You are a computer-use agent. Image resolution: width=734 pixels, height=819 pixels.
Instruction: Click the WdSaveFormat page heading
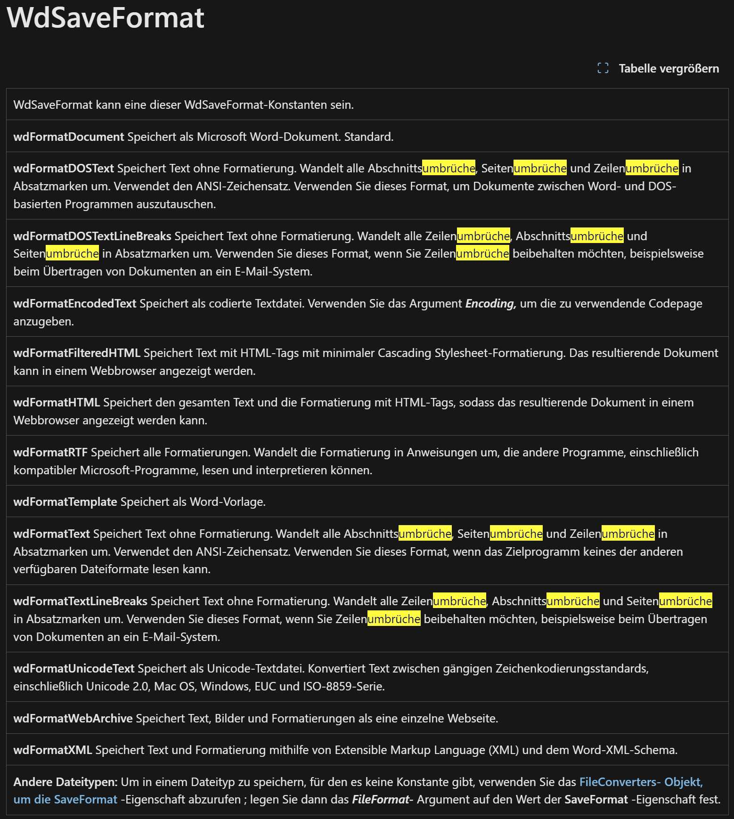tap(105, 18)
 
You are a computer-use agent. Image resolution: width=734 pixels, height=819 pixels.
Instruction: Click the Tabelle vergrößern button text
tap(669, 69)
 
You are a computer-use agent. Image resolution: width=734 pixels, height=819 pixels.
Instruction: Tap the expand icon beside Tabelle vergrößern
tap(603, 68)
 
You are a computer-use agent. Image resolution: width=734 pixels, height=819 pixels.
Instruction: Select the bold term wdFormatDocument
tap(68, 137)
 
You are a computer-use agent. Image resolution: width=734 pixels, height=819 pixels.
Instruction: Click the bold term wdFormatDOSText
tap(64, 169)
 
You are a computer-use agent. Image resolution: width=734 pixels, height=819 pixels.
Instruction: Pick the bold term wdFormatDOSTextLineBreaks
tap(92, 236)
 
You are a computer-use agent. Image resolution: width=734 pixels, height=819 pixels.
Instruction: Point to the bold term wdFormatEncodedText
tap(75, 304)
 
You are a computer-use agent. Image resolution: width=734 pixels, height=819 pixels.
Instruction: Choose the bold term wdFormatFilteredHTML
tap(77, 353)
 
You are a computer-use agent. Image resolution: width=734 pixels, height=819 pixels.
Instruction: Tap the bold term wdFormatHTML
tap(57, 403)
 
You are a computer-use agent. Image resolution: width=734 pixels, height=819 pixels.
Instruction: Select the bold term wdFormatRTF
tap(50, 453)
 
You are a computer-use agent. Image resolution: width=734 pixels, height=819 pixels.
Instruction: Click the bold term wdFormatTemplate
tap(65, 502)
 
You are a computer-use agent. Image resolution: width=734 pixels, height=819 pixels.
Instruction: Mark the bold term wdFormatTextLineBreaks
tap(80, 601)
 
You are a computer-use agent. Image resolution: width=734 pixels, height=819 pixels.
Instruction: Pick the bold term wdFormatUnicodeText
tap(74, 669)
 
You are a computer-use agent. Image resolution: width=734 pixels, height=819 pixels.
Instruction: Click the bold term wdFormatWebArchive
tap(73, 719)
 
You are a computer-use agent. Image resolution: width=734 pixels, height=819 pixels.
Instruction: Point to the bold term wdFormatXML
tap(53, 750)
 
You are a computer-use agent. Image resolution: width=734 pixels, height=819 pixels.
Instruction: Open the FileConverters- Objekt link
tap(641, 782)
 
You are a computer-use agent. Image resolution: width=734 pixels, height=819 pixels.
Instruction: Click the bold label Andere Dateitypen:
tap(65, 782)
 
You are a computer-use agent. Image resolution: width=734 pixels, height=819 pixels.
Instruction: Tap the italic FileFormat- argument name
tap(383, 800)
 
